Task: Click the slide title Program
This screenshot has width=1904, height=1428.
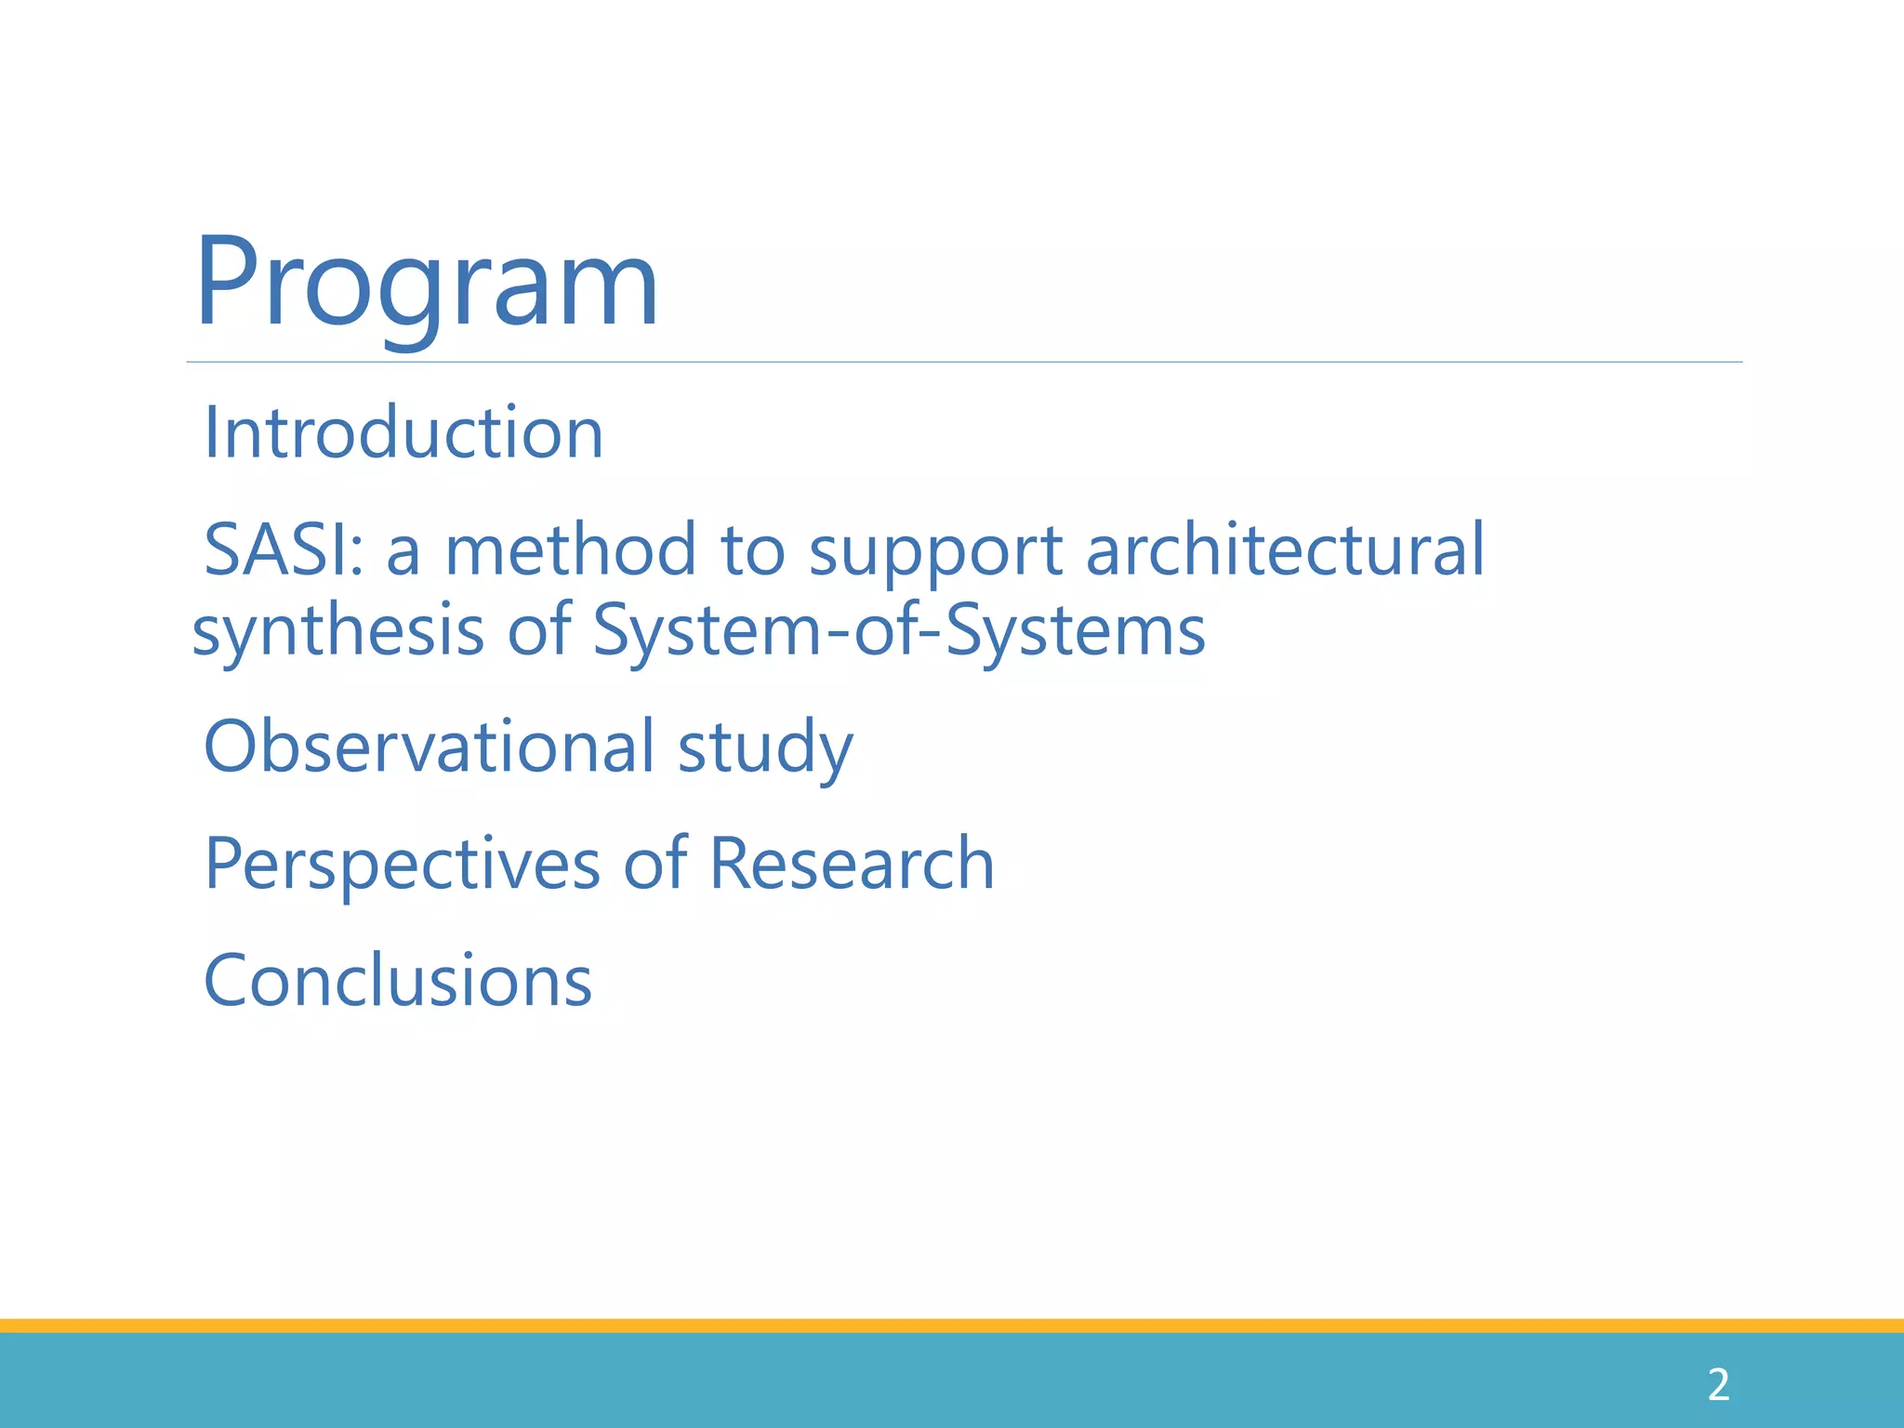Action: click(427, 284)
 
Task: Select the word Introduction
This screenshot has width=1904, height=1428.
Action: click(403, 433)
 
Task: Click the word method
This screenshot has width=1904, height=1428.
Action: click(570, 550)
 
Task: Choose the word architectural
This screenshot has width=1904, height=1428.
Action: click(1285, 550)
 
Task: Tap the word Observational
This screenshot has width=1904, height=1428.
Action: click(429, 747)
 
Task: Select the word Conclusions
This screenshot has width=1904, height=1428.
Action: click(398, 981)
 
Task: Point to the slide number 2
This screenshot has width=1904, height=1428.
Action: click(1718, 1385)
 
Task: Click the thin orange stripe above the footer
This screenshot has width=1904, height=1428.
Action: click(952, 1326)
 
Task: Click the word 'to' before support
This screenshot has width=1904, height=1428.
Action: click(752, 550)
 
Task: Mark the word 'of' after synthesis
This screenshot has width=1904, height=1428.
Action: click(538, 630)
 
